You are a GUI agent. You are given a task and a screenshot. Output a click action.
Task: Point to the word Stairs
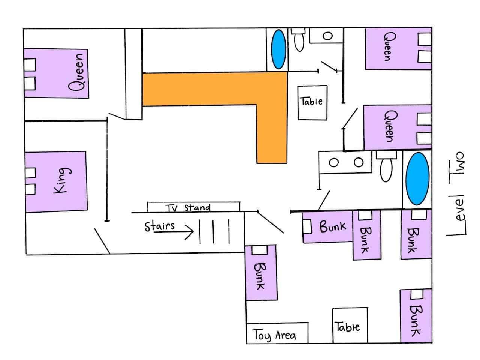[x=160, y=226]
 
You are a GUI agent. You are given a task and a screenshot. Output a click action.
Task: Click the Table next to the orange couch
[x=312, y=102]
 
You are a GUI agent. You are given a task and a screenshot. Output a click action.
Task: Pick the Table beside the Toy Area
[x=349, y=325]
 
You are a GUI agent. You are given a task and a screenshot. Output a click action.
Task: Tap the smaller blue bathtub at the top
[x=278, y=49]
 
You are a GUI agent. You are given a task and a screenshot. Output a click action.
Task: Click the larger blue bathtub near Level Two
[x=417, y=178]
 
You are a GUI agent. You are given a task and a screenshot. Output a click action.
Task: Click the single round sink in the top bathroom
[x=327, y=36]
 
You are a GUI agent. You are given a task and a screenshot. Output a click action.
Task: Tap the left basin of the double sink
[x=333, y=163]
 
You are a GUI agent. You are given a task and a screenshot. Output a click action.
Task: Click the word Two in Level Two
[x=458, y=163]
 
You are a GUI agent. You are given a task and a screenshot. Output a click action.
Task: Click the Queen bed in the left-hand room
[x=56, y=73]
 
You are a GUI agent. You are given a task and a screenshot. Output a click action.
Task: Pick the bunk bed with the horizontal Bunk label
[x=327, y=226]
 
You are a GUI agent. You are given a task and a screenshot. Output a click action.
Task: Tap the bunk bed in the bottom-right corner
[x=416, y=316]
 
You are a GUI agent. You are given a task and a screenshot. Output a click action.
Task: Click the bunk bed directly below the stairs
[x=261, y=272]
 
